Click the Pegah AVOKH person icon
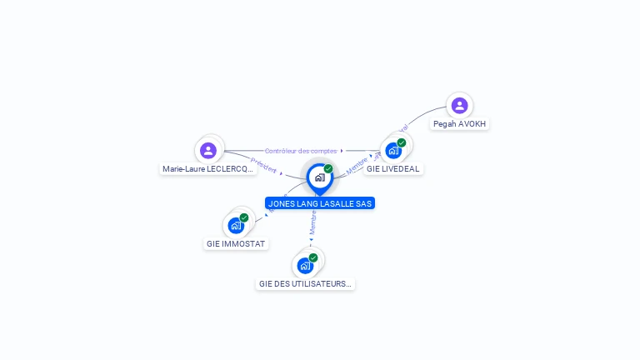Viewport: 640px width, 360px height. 459,106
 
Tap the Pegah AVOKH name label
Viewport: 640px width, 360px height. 460,124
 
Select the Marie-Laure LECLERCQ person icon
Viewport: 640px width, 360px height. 208,150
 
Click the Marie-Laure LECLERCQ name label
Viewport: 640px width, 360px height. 208,169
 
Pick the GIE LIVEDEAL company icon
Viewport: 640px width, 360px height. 393,151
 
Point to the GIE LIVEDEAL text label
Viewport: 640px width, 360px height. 393,169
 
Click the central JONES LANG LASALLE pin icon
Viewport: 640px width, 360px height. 319,177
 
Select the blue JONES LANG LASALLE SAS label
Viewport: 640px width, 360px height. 320,203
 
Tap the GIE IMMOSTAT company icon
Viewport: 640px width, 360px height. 236,225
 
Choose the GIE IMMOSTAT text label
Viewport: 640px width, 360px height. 236,244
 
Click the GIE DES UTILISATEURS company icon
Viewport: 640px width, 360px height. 305,266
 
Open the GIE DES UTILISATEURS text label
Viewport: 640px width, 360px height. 306,284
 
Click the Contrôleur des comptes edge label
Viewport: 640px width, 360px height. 301,151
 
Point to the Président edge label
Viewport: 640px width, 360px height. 264,166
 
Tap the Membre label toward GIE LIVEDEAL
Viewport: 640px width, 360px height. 357,163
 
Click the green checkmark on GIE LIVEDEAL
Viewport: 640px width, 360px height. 402,142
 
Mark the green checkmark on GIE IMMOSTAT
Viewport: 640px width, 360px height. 244,217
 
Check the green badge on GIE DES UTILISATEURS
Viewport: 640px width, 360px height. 313,258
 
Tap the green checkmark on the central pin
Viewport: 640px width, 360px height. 328,169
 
